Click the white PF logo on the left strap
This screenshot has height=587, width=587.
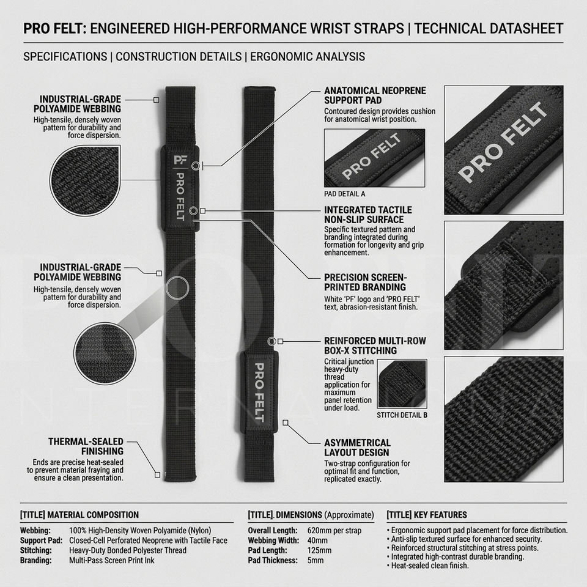point(180,160)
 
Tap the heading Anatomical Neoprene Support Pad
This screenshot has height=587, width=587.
point(375,95)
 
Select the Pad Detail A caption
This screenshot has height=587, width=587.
point(344,194)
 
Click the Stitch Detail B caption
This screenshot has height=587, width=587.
point(402,415)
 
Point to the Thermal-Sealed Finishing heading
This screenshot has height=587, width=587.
point(86,446)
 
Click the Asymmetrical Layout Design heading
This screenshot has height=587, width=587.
point(357,448)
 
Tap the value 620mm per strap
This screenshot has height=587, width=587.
point(334,531)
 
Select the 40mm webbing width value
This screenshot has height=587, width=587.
point(317,541)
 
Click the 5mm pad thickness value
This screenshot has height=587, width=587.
point(316,561)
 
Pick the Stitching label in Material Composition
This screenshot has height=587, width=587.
point(36,551)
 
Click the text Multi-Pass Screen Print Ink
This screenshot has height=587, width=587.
point(111,561)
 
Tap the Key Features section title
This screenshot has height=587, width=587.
point(427,515)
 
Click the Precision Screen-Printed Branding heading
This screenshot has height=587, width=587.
point(366,282)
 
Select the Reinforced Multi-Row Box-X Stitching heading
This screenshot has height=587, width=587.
point(375,346)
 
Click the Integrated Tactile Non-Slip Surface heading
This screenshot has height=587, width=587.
point(368,215)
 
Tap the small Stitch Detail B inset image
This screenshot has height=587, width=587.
point(402,384)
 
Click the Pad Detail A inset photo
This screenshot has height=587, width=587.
point(374,158)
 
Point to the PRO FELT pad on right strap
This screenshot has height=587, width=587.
point(259,391)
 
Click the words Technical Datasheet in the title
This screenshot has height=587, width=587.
point(489,29)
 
